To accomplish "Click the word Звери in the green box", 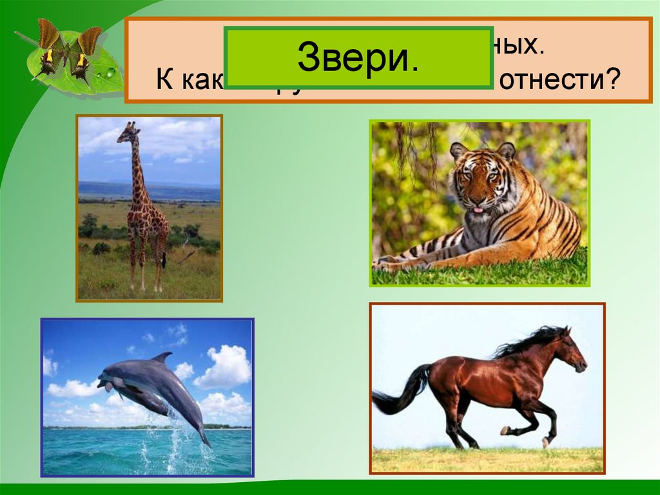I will pyautogui.click(x=359, y=57).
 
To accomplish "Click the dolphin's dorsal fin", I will pyautogui.click(x=162, y=357).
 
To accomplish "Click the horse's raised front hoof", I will pyautogui.click(x=505, y=430).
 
